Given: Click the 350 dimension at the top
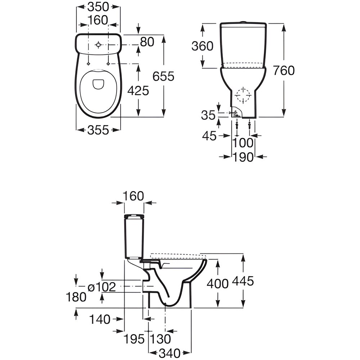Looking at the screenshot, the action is (98, 7).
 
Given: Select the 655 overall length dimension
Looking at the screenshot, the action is (163, 76).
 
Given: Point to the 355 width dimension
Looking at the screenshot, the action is (98, 130).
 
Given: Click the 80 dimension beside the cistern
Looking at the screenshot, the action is (147, 42).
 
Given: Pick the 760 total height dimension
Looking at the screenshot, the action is (284, 70).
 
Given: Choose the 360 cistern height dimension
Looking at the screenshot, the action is (202, 46).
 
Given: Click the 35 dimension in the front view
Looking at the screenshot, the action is (208, 115).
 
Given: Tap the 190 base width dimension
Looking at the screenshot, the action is (243, 157).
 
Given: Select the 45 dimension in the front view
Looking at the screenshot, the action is (209, 136).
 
